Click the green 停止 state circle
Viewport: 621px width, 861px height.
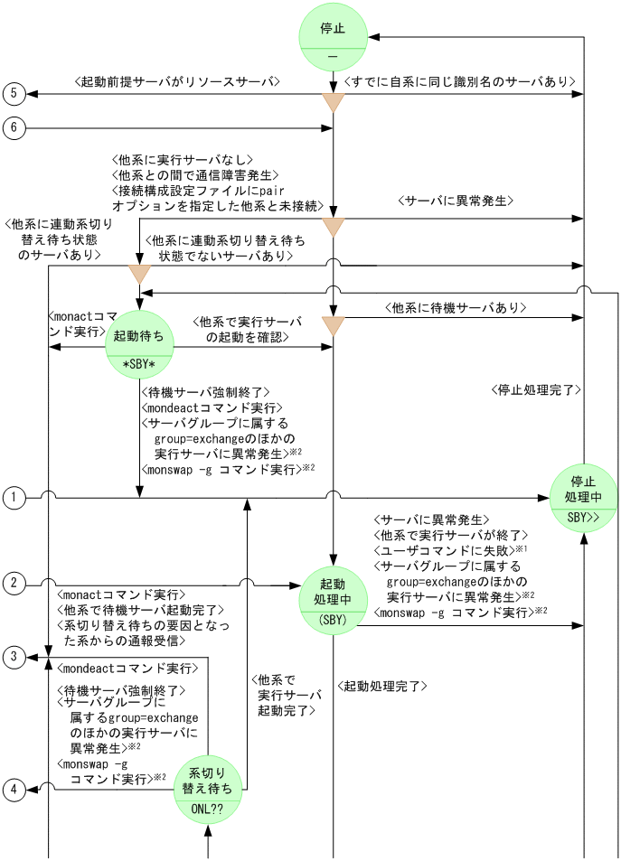[x=333, y=38]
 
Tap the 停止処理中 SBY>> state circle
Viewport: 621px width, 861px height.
[x=583, y=498]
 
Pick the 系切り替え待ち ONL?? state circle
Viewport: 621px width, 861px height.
[x=208, y=790]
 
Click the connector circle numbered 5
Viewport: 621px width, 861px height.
[x=14, y=93]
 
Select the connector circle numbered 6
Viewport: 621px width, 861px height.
[x=14, y=128]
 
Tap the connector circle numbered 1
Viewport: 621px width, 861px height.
[x=14, y=497]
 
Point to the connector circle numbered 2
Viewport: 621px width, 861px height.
[x=14, y=583]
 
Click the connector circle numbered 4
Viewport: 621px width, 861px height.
[x=14, y=791]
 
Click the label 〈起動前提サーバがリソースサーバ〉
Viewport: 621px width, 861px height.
[x=177, y=82]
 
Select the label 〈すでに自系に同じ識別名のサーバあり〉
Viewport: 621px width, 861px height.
[x=460, y=82]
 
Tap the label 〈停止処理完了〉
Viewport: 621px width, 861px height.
[x=536, y=390]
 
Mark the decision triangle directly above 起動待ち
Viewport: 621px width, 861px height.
[x=139, y=274]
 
